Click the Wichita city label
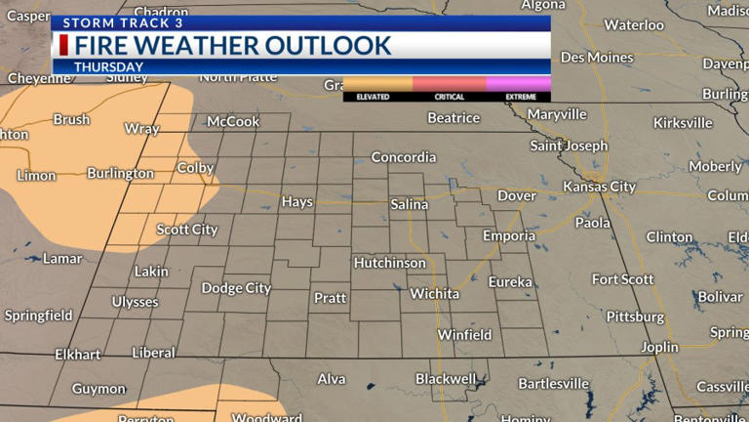point(435,293)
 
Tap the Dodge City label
point(236,288)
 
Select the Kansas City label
point(599,187)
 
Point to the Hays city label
point(297,202)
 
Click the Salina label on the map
point(410,204)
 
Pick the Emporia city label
point(509,235)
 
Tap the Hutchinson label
point(390,263)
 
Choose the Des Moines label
point(597,58)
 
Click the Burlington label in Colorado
point(120,173)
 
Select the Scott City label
point(187,230)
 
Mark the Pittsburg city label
point(635,316)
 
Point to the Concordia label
point(404,156)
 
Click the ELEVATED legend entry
point(374,97)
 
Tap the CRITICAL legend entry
point(450,97)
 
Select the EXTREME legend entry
point(520,97)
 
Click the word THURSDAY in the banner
point(109,67)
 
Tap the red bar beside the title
point(63,45)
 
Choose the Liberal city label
point(153,353)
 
